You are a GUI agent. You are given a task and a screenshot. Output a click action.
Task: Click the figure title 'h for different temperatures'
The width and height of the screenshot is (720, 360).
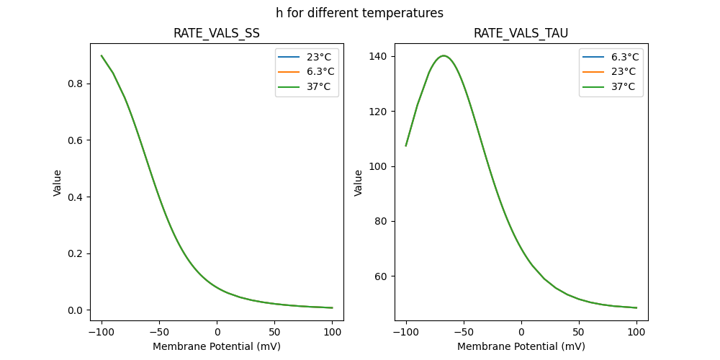pyautogui.click(x=359, y=13)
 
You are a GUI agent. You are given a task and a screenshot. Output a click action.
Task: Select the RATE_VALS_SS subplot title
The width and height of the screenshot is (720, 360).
pyautogui.click(x=217, y=33)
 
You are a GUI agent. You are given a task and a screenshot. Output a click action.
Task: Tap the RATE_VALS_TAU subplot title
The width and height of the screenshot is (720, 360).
pyautogui.click(x=521, y=33)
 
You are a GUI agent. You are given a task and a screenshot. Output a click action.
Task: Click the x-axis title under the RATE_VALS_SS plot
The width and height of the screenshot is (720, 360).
pyautogui.click(x=217, y=346)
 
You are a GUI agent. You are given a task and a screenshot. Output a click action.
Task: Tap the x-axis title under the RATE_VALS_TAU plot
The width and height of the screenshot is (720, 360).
pyautogui.click(x=521, y=346)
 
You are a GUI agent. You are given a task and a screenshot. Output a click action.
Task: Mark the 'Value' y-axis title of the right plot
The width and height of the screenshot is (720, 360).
pyautogui.click(x=358, y=183)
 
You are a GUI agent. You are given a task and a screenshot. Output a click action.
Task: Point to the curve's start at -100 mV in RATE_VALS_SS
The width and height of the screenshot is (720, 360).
pyautogui.click(x=102, y=55)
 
